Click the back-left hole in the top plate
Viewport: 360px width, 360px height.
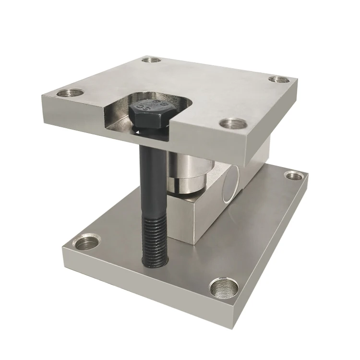pyautogui.click(x=152, y=60)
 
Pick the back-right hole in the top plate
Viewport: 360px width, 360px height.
pyautogui.click(x=279, y=79)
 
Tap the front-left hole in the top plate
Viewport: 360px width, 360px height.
pyautogui.click(x=70, y=93)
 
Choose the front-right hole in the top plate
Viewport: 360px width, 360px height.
pyautogui.click(x=233, y=124)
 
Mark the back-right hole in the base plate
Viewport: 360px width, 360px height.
pyautogui.click(x=294, y=176)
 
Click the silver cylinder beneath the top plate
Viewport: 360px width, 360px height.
pyautogui.click(x=188, y=173)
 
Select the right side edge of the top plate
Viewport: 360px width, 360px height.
pyautogui.click(x=283, y=113)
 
